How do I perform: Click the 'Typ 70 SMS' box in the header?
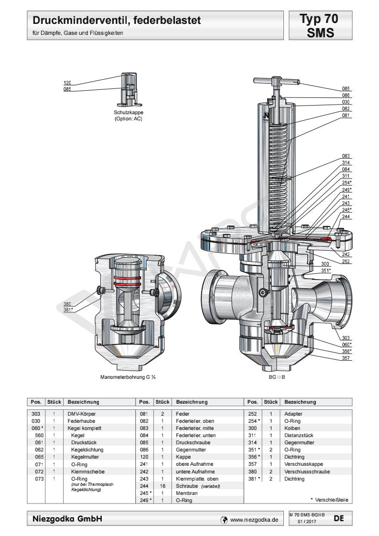tap(319, 25)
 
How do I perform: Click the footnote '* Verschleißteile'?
tap(329, 500)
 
